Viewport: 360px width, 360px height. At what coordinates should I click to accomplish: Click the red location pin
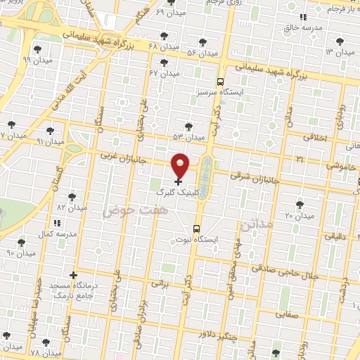[181, 165]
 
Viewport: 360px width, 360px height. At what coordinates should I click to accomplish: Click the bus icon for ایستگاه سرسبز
[220, 81]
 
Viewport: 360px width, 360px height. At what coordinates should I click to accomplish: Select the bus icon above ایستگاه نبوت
[195, 229]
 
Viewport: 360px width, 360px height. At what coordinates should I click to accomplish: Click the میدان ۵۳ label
[188, 136]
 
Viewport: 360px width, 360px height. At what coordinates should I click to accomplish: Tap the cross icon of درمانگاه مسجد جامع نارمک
[73, 274]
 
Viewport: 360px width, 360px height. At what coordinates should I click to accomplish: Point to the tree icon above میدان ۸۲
[72, 197]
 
